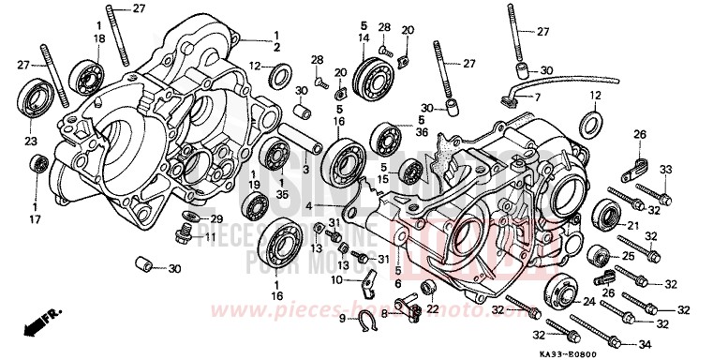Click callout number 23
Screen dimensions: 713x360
point(31,142)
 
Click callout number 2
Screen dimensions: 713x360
point(277,47)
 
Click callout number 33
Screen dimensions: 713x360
point(666,170)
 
